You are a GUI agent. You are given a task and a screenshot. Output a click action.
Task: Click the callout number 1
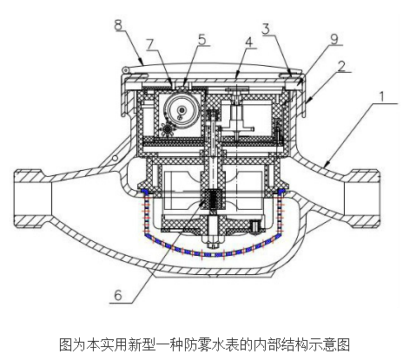pos(382,97)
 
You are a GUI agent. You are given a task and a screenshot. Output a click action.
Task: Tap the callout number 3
pos(266,29)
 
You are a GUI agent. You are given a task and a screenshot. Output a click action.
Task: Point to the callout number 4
pos(248,43)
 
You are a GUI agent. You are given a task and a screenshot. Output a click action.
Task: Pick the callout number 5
pos(202,39)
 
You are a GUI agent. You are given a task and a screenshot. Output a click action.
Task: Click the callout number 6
pos(118,295)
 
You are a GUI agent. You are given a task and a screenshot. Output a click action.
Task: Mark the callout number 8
pos(118,25)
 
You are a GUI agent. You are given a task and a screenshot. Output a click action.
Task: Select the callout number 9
pos(334,39)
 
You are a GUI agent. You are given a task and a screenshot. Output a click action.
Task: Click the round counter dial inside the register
pos(182,110)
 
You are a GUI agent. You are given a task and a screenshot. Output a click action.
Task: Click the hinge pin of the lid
pos(125,69)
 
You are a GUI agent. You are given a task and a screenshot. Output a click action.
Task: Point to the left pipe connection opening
pos(33,199)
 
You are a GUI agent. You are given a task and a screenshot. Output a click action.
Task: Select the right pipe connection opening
pos(362,199)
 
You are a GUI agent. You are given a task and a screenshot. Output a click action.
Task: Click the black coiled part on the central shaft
pos(213,200)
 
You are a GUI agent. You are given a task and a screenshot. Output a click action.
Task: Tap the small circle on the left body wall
pos(116,158)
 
